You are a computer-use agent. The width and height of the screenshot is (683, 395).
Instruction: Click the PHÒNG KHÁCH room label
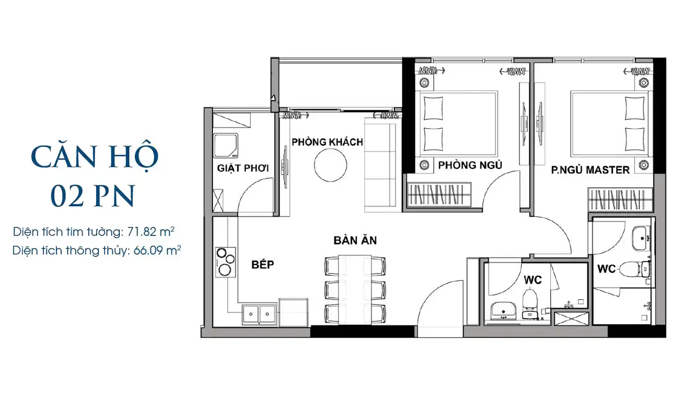coord(327,142)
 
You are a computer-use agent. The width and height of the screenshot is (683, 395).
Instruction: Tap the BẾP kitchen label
coord(263,264)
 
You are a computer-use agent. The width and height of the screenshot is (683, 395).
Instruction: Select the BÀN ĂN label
coord(355,240)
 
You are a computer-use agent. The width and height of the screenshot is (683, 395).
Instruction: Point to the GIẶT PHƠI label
coord(243,168)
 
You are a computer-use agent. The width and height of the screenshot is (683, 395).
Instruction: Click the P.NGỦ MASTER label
coord(590,170)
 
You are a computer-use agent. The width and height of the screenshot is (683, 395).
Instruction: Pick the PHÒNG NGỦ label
coord(470,166)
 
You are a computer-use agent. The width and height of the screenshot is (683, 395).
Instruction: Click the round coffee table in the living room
coord(330,165)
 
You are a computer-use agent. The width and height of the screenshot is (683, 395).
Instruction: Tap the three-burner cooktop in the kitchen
coord(225,262)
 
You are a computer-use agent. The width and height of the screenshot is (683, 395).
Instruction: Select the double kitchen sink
coord(259,314)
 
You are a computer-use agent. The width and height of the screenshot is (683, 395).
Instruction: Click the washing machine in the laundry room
coord(225,145)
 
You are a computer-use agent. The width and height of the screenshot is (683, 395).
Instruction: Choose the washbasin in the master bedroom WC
coord(641,238)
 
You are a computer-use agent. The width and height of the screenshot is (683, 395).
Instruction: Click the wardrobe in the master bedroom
coord(620,199)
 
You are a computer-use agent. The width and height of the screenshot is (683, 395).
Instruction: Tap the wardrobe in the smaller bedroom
coord(440,194)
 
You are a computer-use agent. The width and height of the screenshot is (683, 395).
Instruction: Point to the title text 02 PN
coord(93,196)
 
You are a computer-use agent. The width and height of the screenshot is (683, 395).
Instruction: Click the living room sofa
coord(380,164)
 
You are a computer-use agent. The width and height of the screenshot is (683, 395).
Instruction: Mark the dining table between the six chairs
coord(355,290)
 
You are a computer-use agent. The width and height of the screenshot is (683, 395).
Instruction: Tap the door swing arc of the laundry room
coord(250,186)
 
